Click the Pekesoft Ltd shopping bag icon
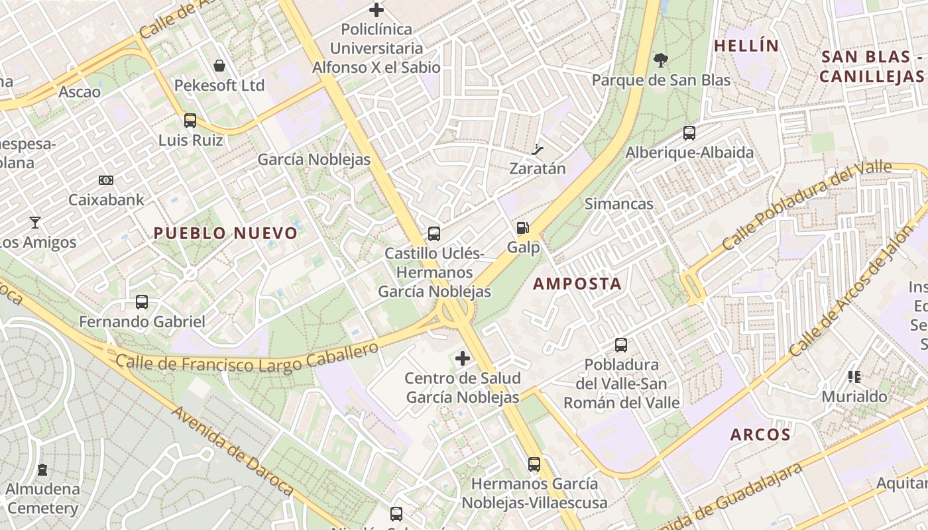219,66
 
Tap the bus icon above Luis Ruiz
190,121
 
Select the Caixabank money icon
106,180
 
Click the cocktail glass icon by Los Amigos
35,223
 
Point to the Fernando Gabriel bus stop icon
142,302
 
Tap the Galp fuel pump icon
523,228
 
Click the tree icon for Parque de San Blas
660,60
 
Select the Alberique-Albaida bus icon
689,133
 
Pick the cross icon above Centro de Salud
463,359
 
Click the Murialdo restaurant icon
854,377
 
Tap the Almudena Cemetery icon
43,470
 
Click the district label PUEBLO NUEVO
225,233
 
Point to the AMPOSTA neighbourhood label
577,284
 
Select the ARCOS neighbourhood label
760,435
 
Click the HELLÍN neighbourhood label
746,46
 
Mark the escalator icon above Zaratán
538,149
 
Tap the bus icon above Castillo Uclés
434,234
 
